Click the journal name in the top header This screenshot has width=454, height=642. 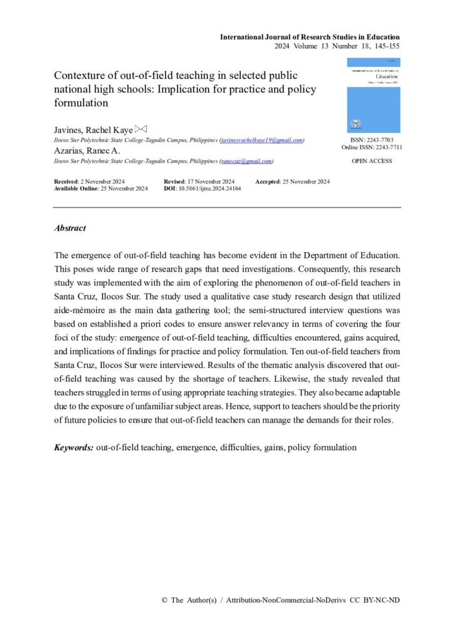click(309, 37)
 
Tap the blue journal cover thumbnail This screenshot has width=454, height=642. click(373, 95)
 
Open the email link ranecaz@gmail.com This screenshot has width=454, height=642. click(246, 161)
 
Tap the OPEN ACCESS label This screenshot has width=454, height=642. click(372, 161)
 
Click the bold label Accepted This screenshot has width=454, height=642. click(268, 181)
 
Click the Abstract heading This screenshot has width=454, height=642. click(70, 228)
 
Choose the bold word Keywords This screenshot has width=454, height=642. click(73, 448)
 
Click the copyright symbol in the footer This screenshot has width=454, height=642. click(164, 600)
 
